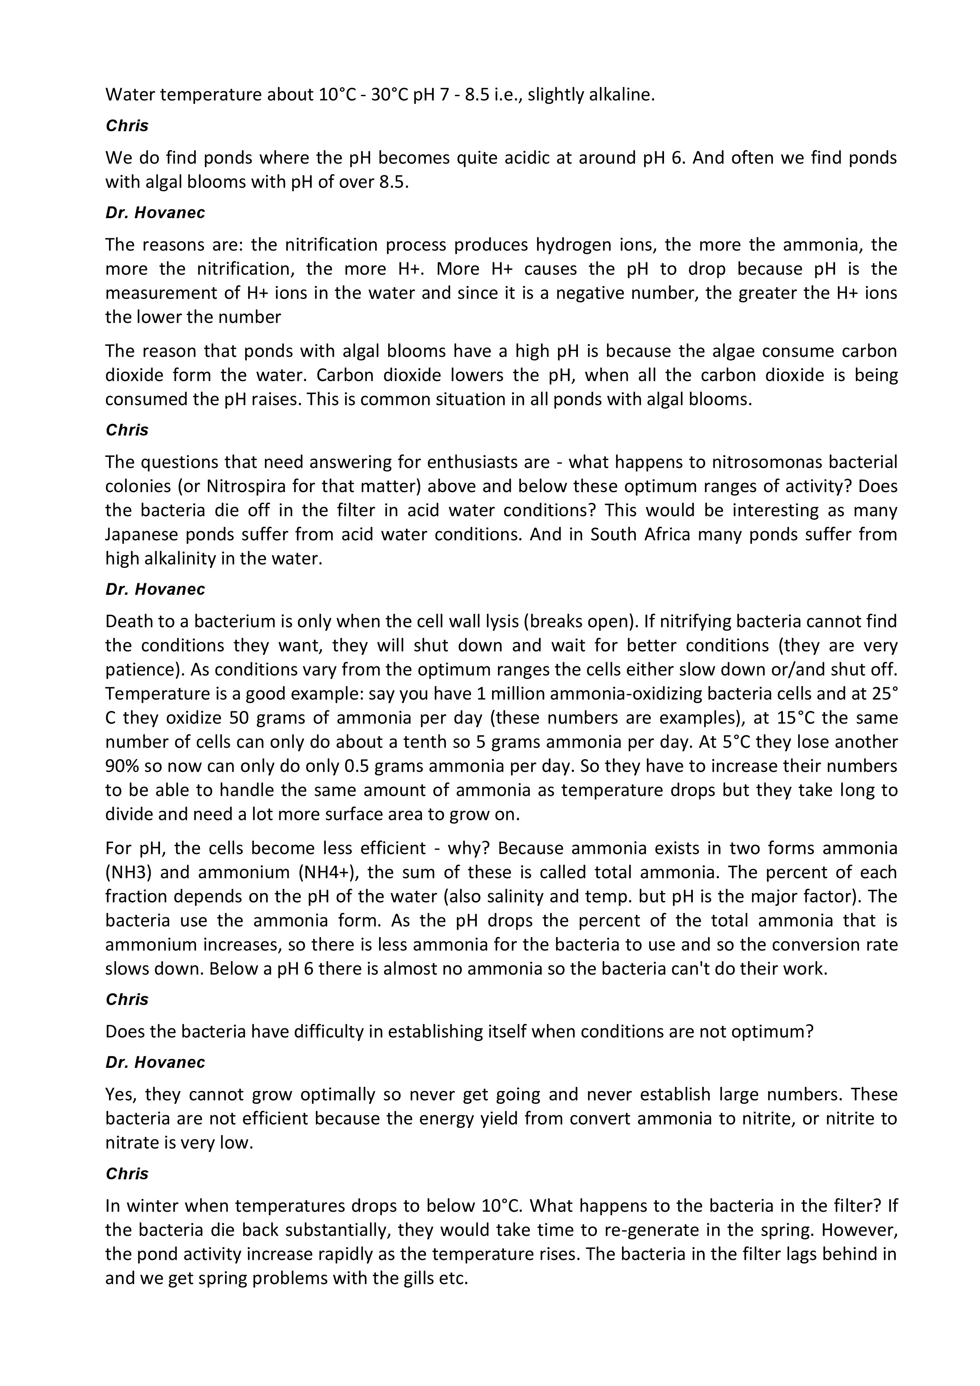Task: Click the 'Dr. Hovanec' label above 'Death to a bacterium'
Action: [155, 590]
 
